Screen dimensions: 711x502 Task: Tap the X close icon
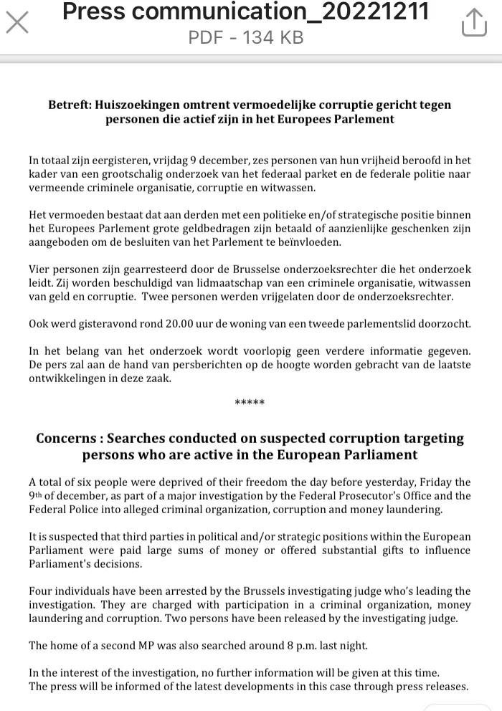[17, 22]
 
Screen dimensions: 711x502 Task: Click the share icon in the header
[474, 23]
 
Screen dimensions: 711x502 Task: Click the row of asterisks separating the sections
[250, 403]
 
